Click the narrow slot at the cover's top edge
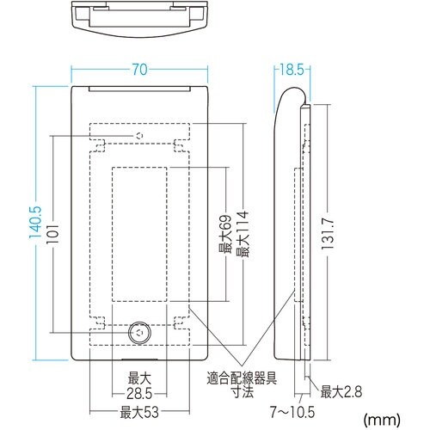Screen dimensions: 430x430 pos(139,89)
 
